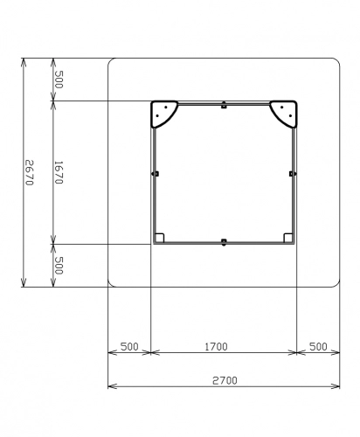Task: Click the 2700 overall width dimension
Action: point(225,380)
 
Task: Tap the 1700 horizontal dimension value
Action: point(216,347)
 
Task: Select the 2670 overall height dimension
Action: point(30,172)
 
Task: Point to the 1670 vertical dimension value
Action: point(59,172)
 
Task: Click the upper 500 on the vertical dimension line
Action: point(59,80)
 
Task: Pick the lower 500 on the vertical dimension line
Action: point(59,266)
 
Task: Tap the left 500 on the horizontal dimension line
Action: point(129,347)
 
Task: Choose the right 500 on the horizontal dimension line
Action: point(318,347)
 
